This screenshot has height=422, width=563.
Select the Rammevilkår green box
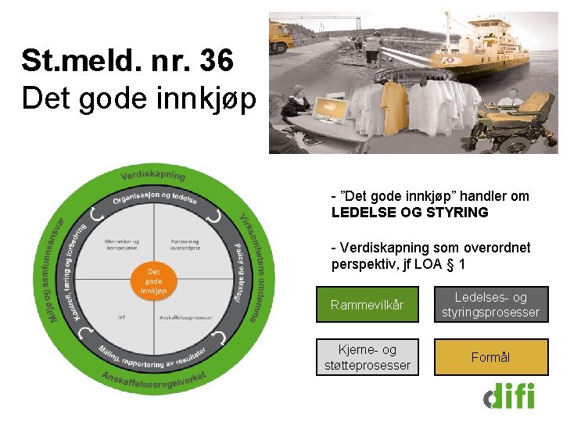coord(367,305)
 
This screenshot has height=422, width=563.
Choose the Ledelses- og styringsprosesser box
coord(491,305)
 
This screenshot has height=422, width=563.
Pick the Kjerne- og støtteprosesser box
coord(367,357)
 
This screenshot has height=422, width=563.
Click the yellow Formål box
coord(491,357)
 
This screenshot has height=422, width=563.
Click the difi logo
coord(508,395)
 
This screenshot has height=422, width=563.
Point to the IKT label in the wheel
coord(122,317)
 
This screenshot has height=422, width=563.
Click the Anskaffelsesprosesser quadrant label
coord(185,317)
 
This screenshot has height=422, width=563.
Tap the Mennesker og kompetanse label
coord(121,244)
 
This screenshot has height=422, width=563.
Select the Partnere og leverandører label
coord(185,244)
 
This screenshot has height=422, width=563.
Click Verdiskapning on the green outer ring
coord(152,173)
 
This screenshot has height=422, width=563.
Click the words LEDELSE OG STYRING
coord(410,212)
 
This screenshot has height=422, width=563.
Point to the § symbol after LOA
coord(450,264)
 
